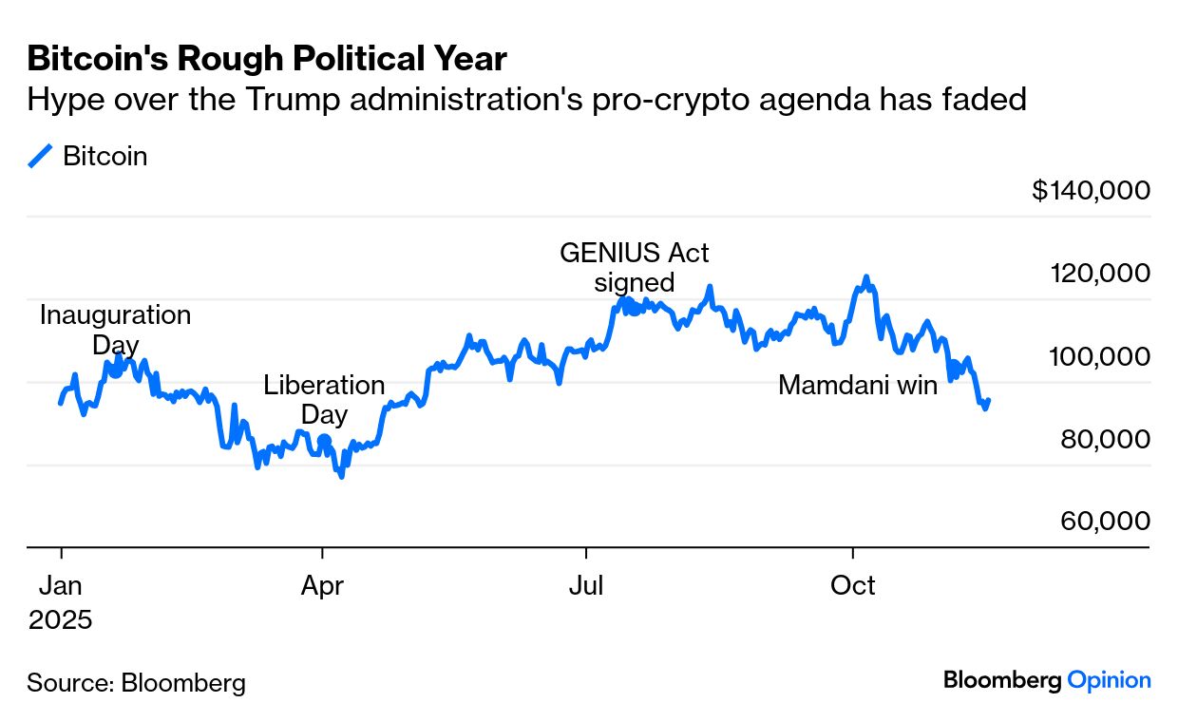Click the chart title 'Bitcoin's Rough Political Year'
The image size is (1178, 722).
(267, 59)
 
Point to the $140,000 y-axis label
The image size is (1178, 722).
(1091, 190)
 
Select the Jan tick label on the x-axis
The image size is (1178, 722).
(61, 586)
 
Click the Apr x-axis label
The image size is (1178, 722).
(322, 586)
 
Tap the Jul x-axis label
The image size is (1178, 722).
(586, 586)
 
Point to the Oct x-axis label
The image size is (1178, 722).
(852, 586)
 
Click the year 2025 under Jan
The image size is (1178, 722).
(61, 620)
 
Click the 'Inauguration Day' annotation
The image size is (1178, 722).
(115, 329)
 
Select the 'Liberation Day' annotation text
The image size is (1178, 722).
(324, 400)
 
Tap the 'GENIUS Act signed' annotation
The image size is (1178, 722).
(634, 267)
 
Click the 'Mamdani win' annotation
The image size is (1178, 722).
(857, 385)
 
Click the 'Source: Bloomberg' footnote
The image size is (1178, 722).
(136, 682)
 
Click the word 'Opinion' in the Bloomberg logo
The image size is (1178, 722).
(1109, 680)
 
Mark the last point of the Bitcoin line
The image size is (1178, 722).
(989, 401)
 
